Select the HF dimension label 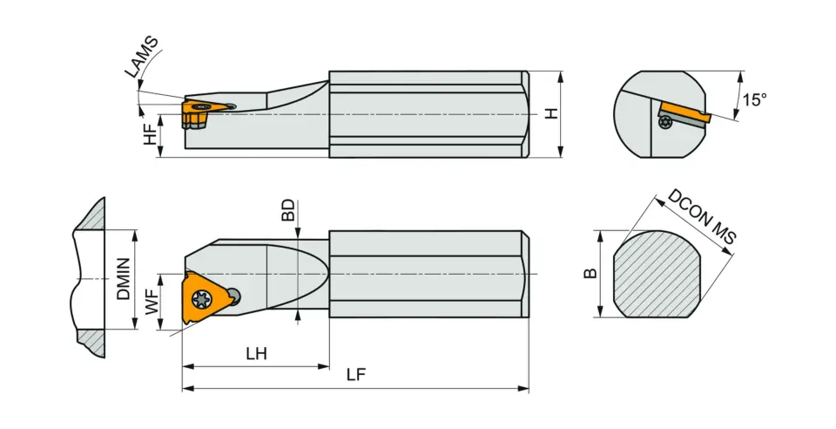point(151,133)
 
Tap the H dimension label point(550,114)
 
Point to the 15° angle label point(754,99)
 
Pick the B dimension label point(590,274)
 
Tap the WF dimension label point(152,303)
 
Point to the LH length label point(256,354)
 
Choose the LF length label point(355,375)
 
